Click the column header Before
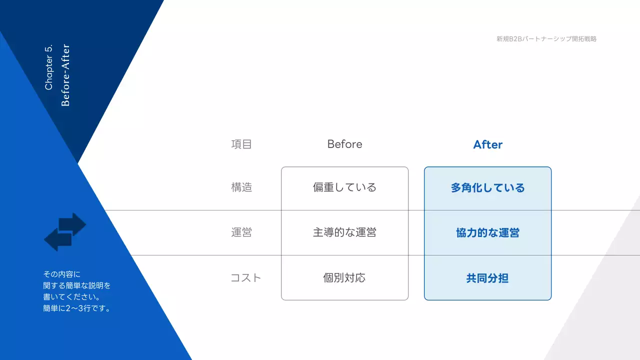344,144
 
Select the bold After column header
487,144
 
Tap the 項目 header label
241,144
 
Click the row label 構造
241,187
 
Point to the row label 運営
241,232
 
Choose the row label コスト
245,278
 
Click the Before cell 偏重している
344,187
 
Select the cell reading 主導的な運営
344,232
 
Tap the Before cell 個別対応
344,278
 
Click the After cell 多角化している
487,188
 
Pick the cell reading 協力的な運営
487,233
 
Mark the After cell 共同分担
487,278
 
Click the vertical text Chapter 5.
49,67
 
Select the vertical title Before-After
65,75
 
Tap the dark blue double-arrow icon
65,231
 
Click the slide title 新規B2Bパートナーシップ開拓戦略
546,38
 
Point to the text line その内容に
61,274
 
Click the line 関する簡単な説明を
77,285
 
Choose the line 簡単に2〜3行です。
77,308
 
